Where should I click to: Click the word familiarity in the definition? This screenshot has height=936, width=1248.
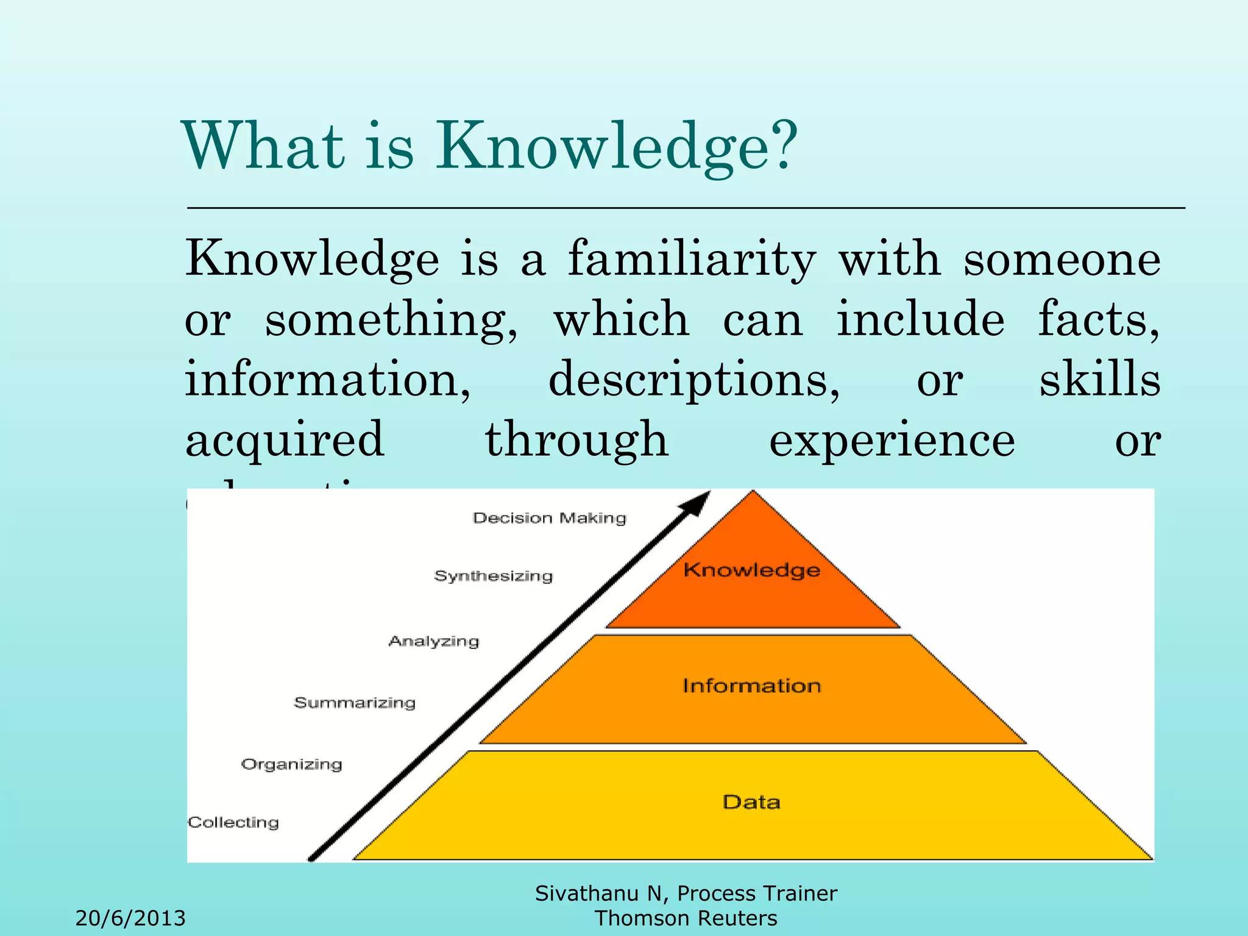coord(692,258)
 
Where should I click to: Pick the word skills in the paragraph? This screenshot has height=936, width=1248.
coord(1099,379)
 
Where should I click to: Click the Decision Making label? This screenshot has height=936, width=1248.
coord(550,518)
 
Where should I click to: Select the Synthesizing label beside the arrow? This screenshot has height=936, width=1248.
coord(494,576)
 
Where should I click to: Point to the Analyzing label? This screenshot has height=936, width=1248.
coord(434,641)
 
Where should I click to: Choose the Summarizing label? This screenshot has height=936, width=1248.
coord(355,703)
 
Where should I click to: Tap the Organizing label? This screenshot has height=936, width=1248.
coord(291,764)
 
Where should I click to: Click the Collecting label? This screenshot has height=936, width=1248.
coord(233,822)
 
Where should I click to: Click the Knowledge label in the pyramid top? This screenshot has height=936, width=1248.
coord(752,570)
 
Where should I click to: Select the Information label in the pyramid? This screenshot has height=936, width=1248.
coord(752,686)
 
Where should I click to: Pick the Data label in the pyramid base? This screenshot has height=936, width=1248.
coord(752,802)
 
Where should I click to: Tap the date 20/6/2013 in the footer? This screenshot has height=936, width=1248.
coord(130,918)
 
